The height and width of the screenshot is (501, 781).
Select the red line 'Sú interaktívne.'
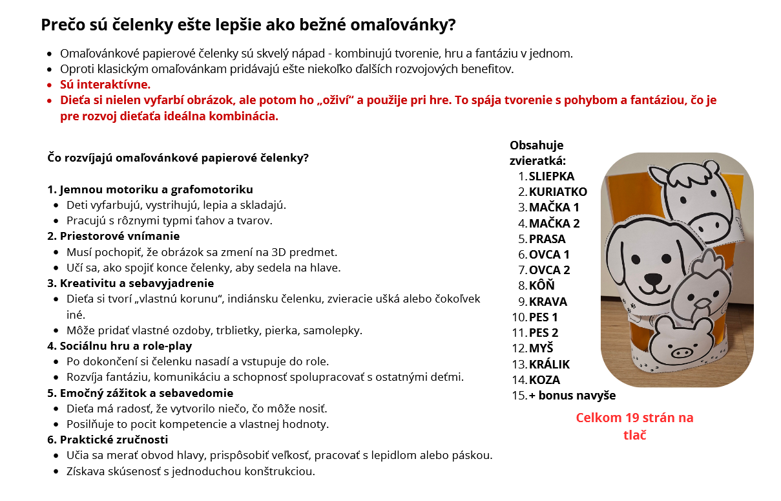105,85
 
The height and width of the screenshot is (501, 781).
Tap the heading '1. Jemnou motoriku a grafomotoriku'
150,189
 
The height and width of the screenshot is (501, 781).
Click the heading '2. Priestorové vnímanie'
113,236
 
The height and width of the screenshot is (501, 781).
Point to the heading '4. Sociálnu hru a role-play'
120,346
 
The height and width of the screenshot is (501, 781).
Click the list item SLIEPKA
551,176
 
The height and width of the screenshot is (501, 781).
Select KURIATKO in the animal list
557,192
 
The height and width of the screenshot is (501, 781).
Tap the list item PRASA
547,239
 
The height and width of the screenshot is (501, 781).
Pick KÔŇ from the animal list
541,286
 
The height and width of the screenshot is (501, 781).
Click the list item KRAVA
548,302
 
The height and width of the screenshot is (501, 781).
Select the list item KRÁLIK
549,365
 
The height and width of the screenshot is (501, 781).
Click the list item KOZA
544,380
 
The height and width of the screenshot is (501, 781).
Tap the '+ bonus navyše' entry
572,396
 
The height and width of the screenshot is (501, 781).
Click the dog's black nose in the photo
654,281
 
